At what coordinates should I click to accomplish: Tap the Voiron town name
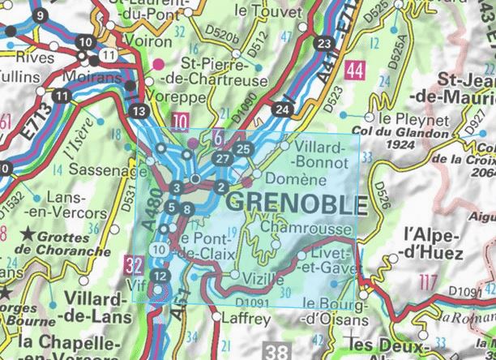point(151,40)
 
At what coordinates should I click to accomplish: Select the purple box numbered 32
point(135,264)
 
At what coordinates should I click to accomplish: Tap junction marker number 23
point(325,43)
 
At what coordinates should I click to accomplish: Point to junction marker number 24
point(281,109)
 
